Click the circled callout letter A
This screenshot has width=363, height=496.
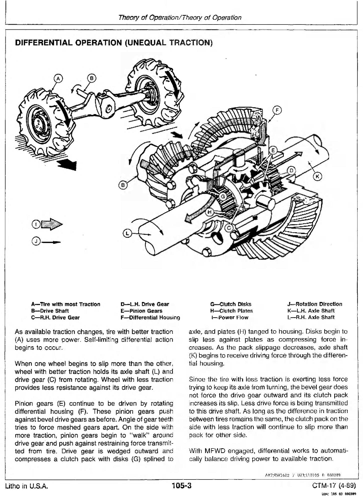[58, 78]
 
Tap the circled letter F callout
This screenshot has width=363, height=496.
[277, 110]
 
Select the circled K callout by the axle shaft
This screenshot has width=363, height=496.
[317, 176]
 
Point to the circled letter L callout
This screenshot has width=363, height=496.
[127, 234]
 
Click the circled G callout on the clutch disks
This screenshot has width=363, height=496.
[223, 196]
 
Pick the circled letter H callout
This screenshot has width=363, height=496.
[210, 212]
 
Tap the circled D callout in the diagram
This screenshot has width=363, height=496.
[291, 171]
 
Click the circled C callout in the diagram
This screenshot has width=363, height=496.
[229, 228]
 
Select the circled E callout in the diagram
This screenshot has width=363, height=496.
[273, 150]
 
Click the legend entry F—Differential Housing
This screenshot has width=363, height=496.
[150, 317]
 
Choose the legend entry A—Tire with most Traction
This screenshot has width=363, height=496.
[65, 304]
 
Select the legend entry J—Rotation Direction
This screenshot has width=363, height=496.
[315, 304]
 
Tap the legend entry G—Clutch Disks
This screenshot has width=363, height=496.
[231, 304]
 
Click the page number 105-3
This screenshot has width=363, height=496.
[181, 485]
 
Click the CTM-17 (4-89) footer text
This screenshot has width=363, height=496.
[334, 485]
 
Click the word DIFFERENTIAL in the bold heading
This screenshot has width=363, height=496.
[43, 43]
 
